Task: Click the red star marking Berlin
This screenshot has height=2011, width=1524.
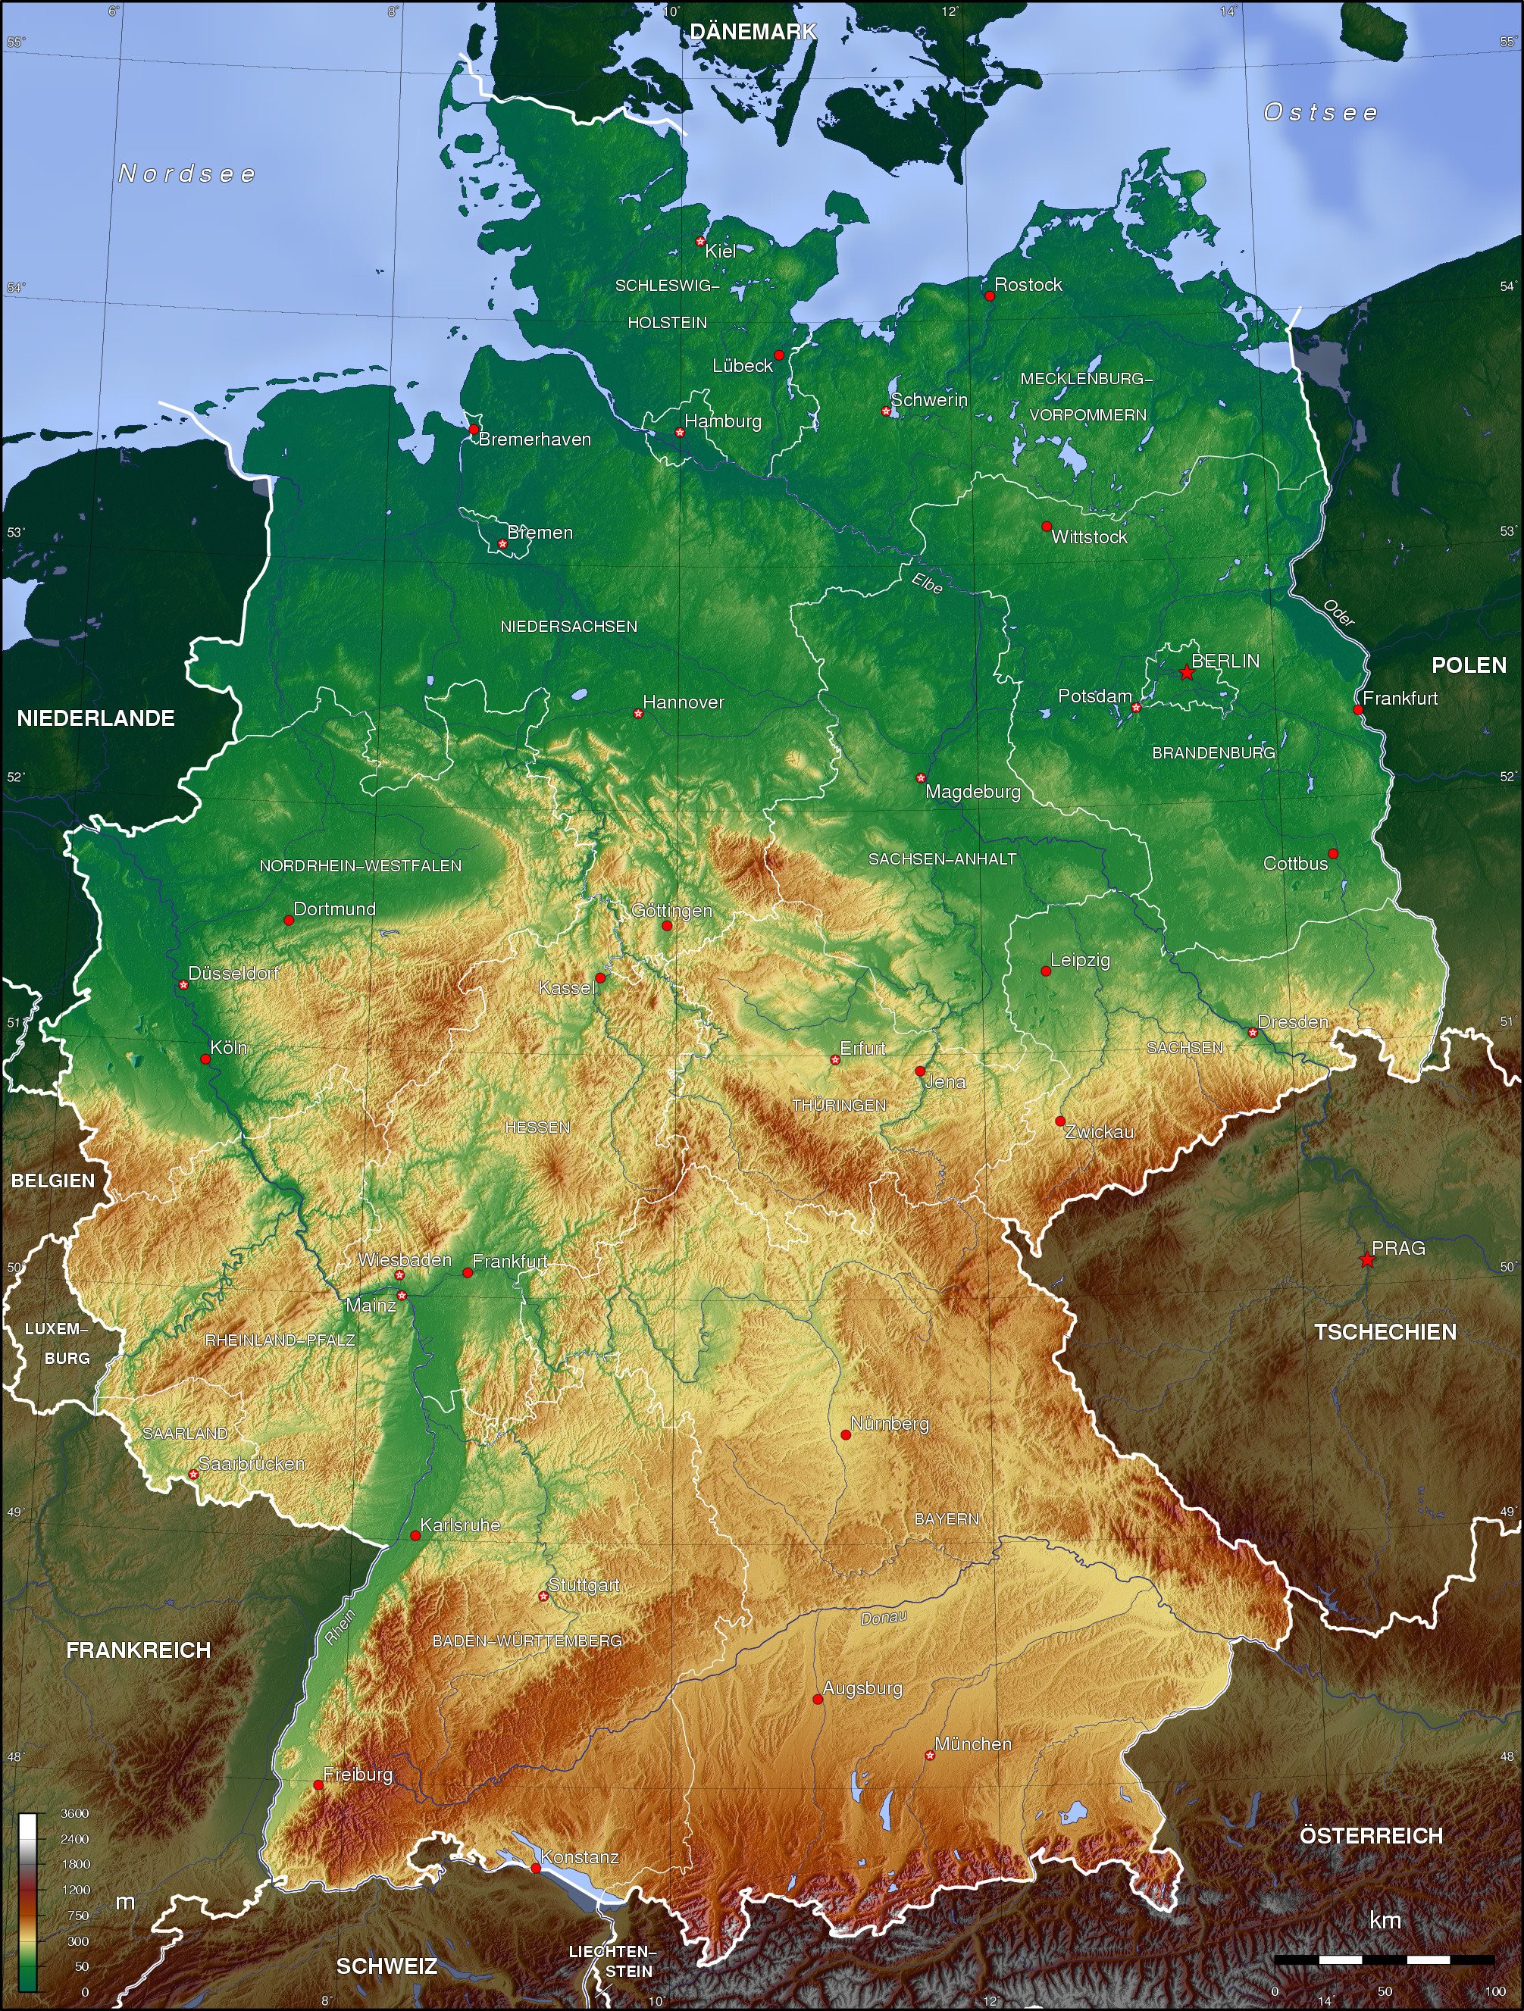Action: point(1187,673)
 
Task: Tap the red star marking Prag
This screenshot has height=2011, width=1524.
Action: point(1366,1259)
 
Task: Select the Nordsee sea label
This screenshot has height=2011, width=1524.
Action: point(187,174)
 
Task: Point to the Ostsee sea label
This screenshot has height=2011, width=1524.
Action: point(1320,113)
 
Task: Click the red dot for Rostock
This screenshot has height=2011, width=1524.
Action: point(989,296)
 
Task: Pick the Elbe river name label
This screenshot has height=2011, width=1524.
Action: point(927,582)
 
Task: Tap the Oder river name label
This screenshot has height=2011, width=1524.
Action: point(1338,613)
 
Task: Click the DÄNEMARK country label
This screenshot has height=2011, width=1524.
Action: point(753,32)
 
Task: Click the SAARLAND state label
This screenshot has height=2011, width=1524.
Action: point(186,1434)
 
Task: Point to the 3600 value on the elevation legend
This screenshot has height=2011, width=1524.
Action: point(74,1812)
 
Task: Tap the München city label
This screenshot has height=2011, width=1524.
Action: point(973,1744)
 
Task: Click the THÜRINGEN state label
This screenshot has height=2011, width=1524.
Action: point(839,1106)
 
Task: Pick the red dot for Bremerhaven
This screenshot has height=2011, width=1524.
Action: point(474,429)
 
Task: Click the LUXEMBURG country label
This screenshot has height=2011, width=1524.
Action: point(56,1343)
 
